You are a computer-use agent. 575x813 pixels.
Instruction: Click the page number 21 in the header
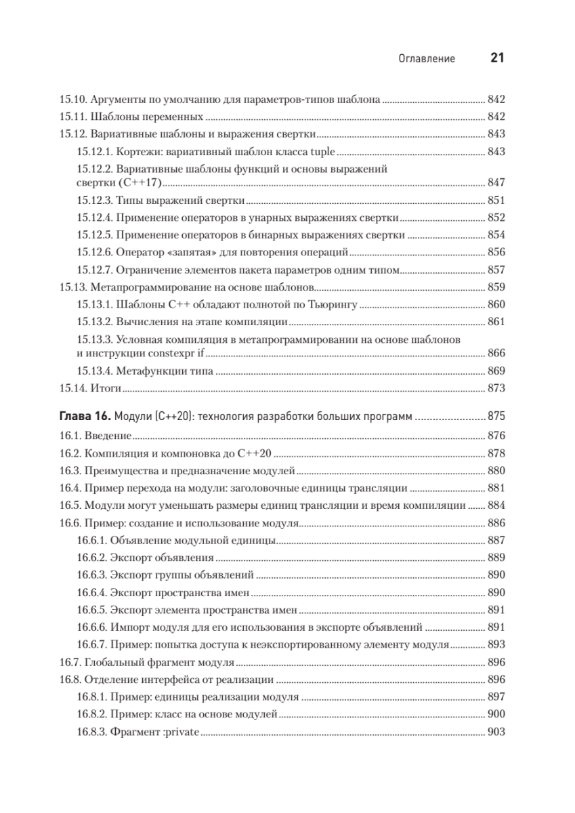497,59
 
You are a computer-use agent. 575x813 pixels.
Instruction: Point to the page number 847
496,184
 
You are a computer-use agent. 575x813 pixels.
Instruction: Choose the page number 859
496,287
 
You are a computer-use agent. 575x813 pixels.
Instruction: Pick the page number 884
496,505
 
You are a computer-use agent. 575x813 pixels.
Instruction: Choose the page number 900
496,715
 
